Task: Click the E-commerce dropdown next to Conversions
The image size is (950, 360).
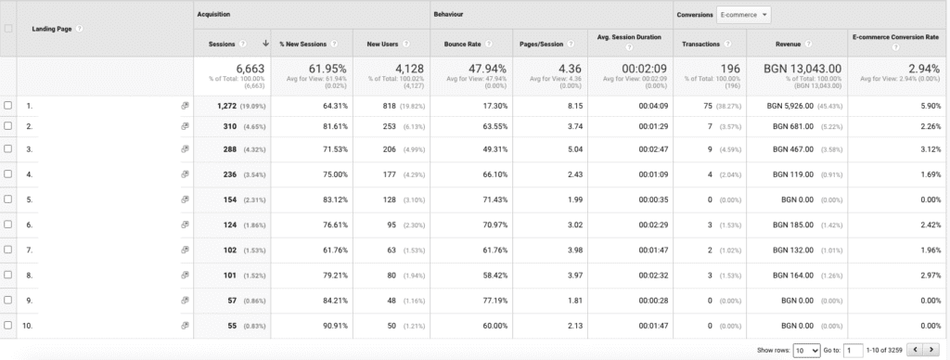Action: [x=744, y=15]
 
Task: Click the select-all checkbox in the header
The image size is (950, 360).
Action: [x=8, y=28]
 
